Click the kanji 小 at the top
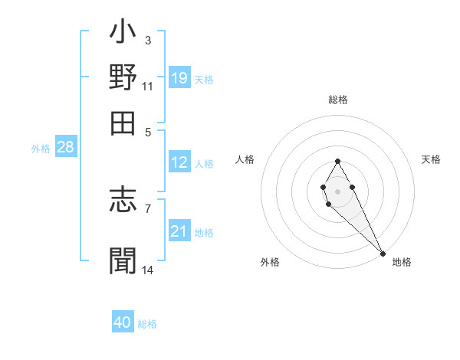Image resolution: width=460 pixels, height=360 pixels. coord(123,35)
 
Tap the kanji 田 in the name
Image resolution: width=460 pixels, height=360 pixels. coord(123,122)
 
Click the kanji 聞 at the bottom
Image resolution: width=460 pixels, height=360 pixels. coord(123,260)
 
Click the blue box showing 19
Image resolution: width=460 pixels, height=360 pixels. coord(179,77)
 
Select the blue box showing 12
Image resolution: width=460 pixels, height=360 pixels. coord(179,162)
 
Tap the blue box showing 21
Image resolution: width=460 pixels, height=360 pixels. coord(179,231)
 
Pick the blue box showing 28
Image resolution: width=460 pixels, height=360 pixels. coord(65,147)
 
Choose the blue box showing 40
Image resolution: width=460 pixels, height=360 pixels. coord(123,322)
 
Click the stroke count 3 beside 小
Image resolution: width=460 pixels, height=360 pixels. coord(148,40)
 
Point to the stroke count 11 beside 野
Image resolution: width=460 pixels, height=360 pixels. coord(148,86)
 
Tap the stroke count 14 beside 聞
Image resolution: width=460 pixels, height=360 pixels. coord(148,270)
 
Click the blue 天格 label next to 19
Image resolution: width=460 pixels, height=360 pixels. coord(204,79)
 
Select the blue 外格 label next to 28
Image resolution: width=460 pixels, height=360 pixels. coord(40,149)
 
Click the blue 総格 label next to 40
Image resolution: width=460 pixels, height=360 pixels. coord(147,324)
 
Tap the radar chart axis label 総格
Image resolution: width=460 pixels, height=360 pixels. coord(338,100)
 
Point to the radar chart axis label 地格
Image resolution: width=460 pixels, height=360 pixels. coord(402,262)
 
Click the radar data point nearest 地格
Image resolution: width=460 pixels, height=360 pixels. coord(383,254)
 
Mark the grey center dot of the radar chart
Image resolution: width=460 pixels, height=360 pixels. coord(337,190)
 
